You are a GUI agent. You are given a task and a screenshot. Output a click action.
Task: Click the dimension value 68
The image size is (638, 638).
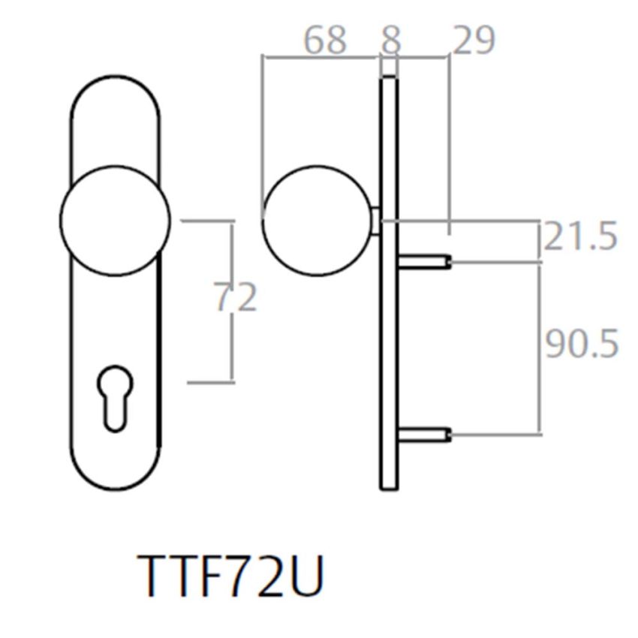coord(325,40)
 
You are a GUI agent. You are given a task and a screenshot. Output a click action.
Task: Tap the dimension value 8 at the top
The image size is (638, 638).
coord(390,40)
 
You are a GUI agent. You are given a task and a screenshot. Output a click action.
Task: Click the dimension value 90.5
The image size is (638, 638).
coord(581,345)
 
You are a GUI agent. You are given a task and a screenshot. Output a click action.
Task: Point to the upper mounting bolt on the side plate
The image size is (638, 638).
coord(424,261)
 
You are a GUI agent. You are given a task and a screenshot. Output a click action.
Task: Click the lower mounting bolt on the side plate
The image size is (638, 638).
coord(424,433)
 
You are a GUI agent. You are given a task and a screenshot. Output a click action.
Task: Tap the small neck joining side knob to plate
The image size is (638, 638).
coord(376,221)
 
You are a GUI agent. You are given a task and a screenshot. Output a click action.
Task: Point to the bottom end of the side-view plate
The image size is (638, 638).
coord(389,484)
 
